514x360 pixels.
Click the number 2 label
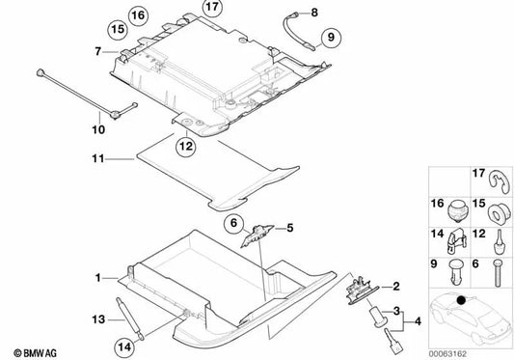pyautogui.click(x=395, y=286)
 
